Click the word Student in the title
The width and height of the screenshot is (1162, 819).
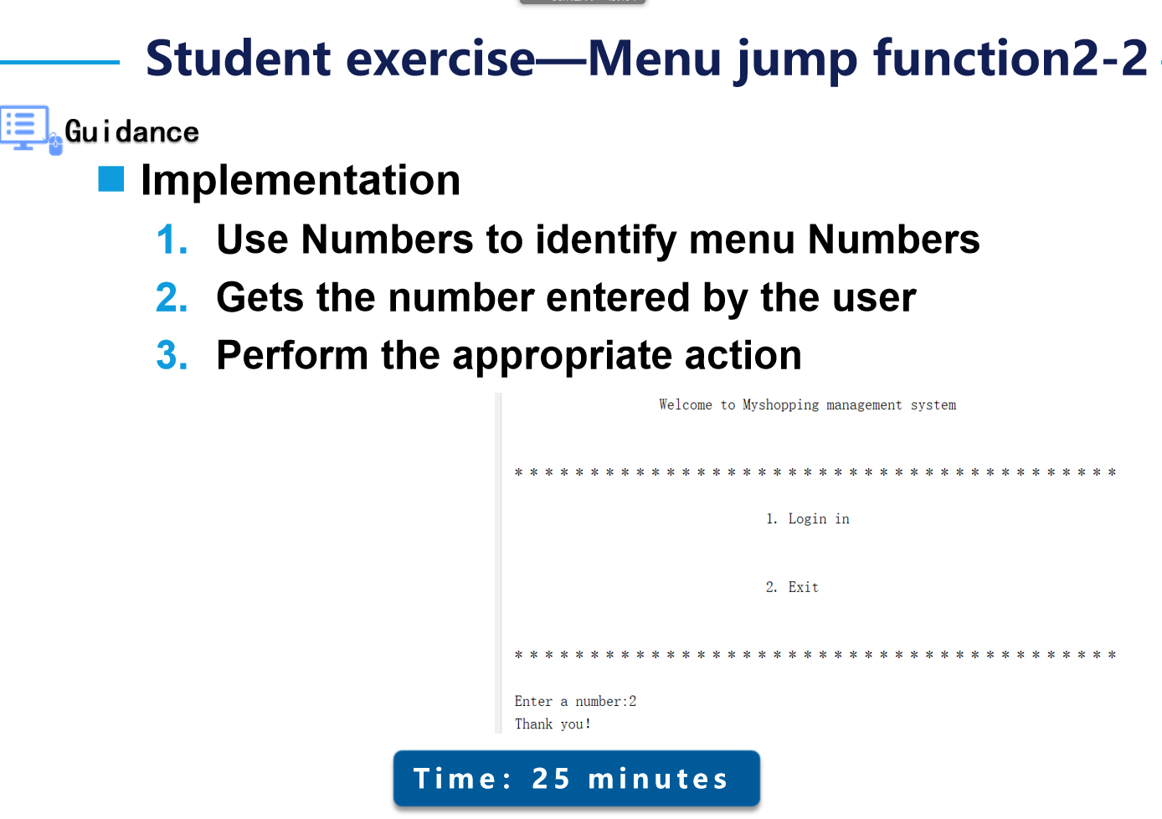point(239,59)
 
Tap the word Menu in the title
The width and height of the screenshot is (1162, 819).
point(653,59)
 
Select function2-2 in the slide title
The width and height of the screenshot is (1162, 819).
point(1010,59)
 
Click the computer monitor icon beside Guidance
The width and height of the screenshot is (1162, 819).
point(25,128)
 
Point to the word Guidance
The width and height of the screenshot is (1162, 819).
point(131,131)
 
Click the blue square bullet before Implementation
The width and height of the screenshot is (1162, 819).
point(111,179)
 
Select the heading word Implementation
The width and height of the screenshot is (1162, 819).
point(301,180)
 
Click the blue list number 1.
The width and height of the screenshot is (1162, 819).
point(172,240)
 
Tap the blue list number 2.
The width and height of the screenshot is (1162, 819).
point(172,298)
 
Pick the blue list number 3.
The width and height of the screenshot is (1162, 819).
point(172,356)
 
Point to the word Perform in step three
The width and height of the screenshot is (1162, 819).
point(291,356)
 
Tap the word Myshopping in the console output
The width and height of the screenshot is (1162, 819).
point(780,405)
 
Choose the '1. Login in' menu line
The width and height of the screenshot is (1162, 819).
point(807,519)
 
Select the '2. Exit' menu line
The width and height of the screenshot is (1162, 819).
point(792,588)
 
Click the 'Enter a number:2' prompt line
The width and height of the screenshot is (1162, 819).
point(575,702)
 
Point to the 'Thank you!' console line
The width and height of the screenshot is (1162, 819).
point(553,724)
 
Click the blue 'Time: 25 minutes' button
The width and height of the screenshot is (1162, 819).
point(576,779)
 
